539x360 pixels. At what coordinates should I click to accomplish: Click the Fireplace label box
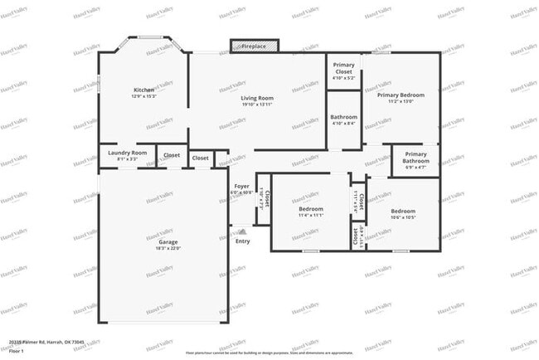coord(254,47)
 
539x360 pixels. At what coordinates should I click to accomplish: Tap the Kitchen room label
coord(144,90)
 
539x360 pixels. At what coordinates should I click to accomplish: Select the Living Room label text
coord(257,98)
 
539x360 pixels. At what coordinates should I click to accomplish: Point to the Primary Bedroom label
coord(401,95)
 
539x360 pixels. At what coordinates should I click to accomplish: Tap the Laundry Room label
coord(128,153)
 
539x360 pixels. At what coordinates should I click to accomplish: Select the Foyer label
coord(241,187)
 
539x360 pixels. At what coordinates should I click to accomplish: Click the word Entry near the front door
coord(242,241)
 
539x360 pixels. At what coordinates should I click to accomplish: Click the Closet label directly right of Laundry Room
coord(172,155)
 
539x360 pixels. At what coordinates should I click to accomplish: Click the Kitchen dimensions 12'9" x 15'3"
coord(144,97)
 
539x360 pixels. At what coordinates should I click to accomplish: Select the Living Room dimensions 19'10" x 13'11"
coord(257,105)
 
